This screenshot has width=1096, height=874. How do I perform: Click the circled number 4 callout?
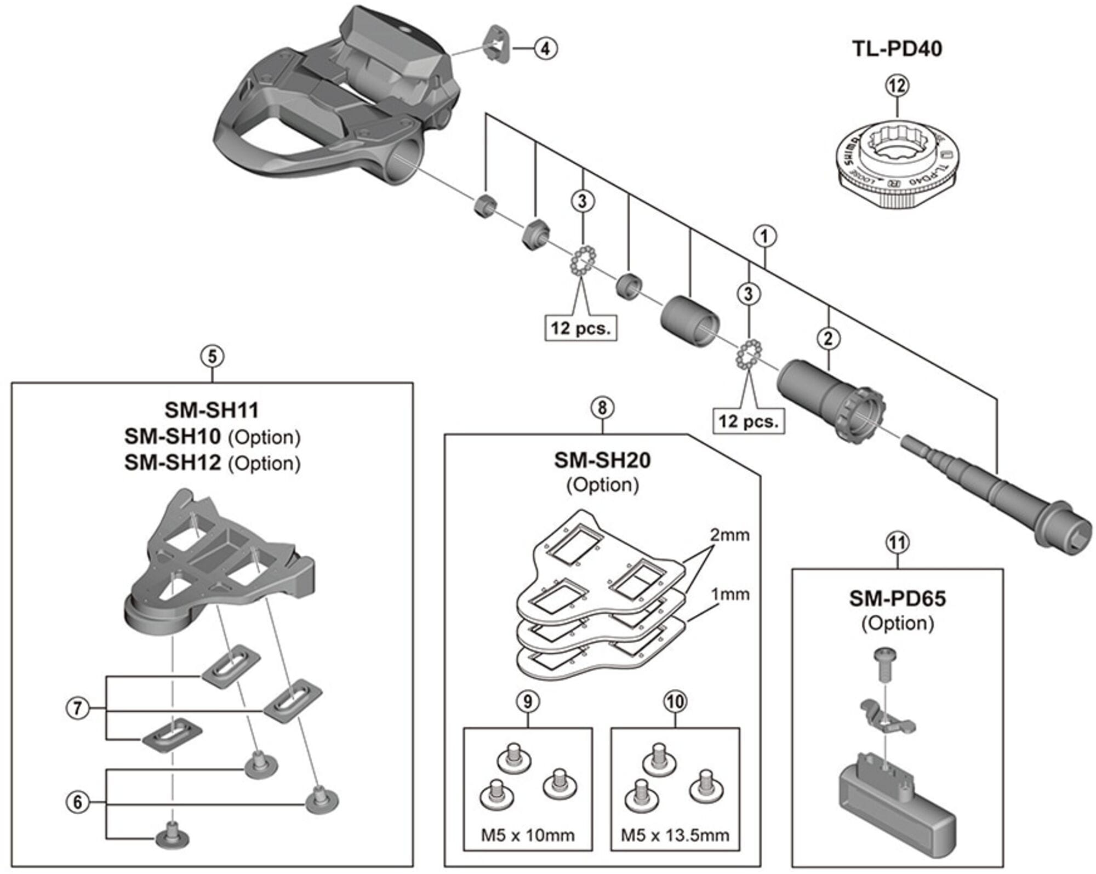coord(545,49)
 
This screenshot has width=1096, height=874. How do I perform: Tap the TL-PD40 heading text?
coord(897,49)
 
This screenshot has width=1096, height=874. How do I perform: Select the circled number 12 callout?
coord(897,86)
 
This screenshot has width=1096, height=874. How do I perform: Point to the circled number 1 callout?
coord(764,237)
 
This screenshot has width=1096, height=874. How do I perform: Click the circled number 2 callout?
coord(828,338)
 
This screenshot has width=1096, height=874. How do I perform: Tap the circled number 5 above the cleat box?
coord(212,357)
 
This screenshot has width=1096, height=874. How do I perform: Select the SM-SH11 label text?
coord(212,410)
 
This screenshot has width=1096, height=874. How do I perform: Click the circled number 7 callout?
coord(77,709)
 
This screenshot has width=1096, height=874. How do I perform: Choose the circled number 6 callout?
coord(77,803)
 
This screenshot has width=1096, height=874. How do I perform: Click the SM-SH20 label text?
coord(602,460)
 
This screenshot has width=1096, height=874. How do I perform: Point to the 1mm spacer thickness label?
coord(730,595)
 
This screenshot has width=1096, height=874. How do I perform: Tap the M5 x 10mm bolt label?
coord(528,835)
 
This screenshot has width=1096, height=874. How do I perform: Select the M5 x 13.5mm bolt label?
coord(675,835)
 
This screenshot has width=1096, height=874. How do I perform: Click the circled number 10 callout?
coord(675,702)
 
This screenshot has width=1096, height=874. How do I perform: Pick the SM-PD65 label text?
coord(897,598)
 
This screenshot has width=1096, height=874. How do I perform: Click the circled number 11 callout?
coord(897,543)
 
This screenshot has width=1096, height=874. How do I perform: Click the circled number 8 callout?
coord(602,408)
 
